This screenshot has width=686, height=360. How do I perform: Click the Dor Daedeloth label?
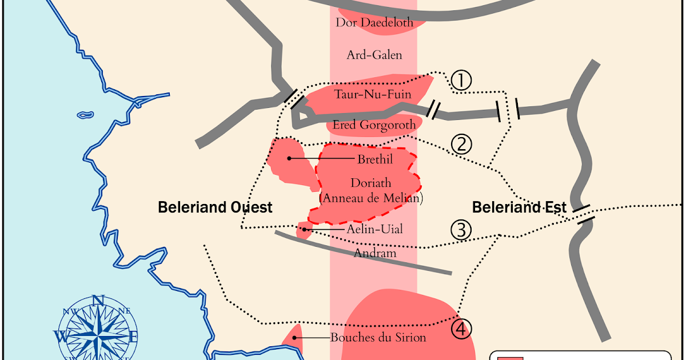coord(374,23)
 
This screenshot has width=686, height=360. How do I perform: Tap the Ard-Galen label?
coord(374,55)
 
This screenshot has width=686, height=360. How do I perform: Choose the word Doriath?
coord(371,183)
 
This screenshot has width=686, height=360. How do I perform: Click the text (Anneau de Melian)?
coord(371,198)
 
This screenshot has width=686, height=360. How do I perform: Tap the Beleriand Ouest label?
coord(215,207)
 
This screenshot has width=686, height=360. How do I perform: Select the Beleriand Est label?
coord(520,207)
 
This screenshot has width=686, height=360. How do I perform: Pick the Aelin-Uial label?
coord(374,229)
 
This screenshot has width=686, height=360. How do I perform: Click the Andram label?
coord(375,252)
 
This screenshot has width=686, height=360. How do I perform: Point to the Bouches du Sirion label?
coord(378,337)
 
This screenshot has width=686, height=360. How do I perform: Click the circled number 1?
coord(461,81)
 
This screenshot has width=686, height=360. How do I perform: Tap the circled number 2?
coord(461,145)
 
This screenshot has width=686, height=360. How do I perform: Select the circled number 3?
coord(461,230)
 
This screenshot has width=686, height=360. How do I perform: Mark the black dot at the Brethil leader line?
coord(290,158)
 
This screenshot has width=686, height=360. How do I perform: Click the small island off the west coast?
coord(85,115)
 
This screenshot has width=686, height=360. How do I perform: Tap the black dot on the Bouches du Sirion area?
coord(295,337)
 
